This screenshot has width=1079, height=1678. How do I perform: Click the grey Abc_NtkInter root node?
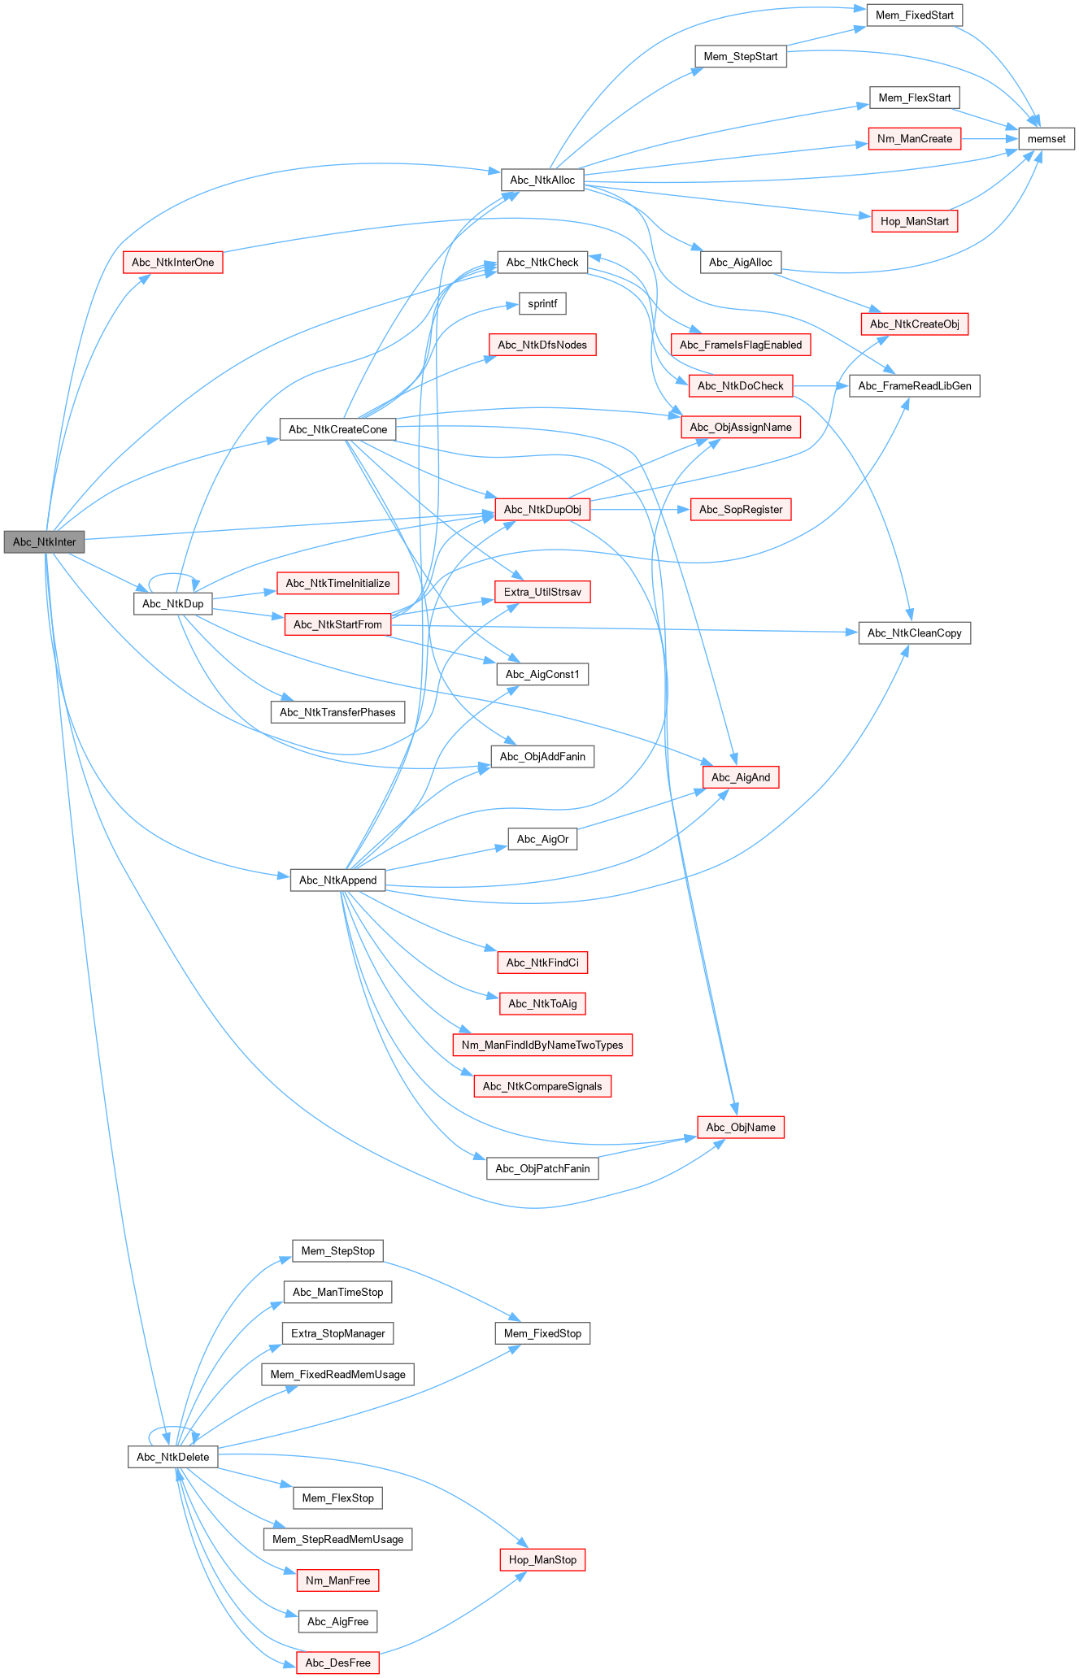[44, 542]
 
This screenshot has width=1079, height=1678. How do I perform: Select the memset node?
[1046, 139]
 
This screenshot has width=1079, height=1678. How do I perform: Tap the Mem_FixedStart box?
[914, 15]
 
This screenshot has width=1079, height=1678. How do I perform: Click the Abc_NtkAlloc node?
[542, 180]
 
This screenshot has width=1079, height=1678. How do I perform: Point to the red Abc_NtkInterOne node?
[173, 263]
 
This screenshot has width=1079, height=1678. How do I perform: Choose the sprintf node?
[542, 304]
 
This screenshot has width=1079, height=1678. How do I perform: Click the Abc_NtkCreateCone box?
[337, 429]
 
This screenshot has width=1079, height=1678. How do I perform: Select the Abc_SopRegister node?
[741, 510]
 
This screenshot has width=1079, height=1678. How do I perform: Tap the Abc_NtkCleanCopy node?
[914, 633]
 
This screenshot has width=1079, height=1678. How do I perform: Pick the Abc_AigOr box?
[542, 839]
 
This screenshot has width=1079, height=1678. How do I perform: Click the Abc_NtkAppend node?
[337, 880]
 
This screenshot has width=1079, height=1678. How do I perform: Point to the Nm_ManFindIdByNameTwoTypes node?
[542, 1045]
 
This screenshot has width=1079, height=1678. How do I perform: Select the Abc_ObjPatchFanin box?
[542, 1169]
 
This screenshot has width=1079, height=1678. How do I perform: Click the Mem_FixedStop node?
[542, 1333]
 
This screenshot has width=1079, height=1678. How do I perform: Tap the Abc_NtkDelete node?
[173, 1457]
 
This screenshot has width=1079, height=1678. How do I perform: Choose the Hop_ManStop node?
[542, 1560]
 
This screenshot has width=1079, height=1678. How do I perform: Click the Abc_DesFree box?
[337, 1663]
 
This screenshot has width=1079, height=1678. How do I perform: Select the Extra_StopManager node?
[337, 1333]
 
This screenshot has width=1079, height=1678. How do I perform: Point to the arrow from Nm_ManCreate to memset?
[989, 139]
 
